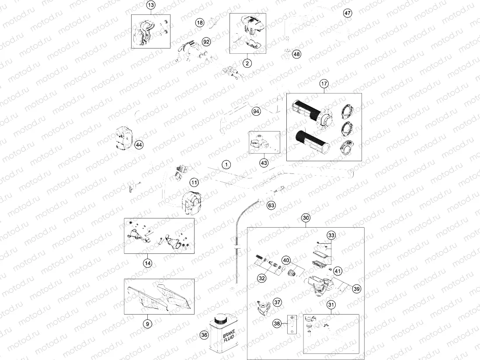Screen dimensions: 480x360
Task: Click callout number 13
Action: point(151,5)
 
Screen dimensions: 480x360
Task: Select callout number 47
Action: point(348,13)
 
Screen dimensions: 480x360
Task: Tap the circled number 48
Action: point(297,54)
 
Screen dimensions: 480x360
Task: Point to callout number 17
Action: point(324,83)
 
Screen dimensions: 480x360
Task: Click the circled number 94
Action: point(256,111)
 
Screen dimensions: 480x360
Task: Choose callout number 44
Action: point(139,145)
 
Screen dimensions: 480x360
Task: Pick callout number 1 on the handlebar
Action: point(226,165)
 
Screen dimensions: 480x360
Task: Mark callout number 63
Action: point(271,205)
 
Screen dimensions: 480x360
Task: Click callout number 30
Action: point(306,218)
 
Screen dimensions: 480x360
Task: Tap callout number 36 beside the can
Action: point(204,335)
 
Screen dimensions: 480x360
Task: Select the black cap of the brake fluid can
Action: point(220,320)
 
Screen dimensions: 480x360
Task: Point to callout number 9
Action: point(148,324)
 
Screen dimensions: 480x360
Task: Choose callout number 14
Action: point(148,263)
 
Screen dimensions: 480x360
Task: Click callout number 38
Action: point(277,323)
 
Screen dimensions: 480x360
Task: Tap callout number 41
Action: point(337,271)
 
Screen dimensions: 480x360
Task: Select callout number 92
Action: point(206,42)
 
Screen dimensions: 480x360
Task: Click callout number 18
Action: point(200,23)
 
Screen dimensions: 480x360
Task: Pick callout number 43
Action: point(264,163)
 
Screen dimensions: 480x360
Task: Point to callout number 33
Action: point(331,235)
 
